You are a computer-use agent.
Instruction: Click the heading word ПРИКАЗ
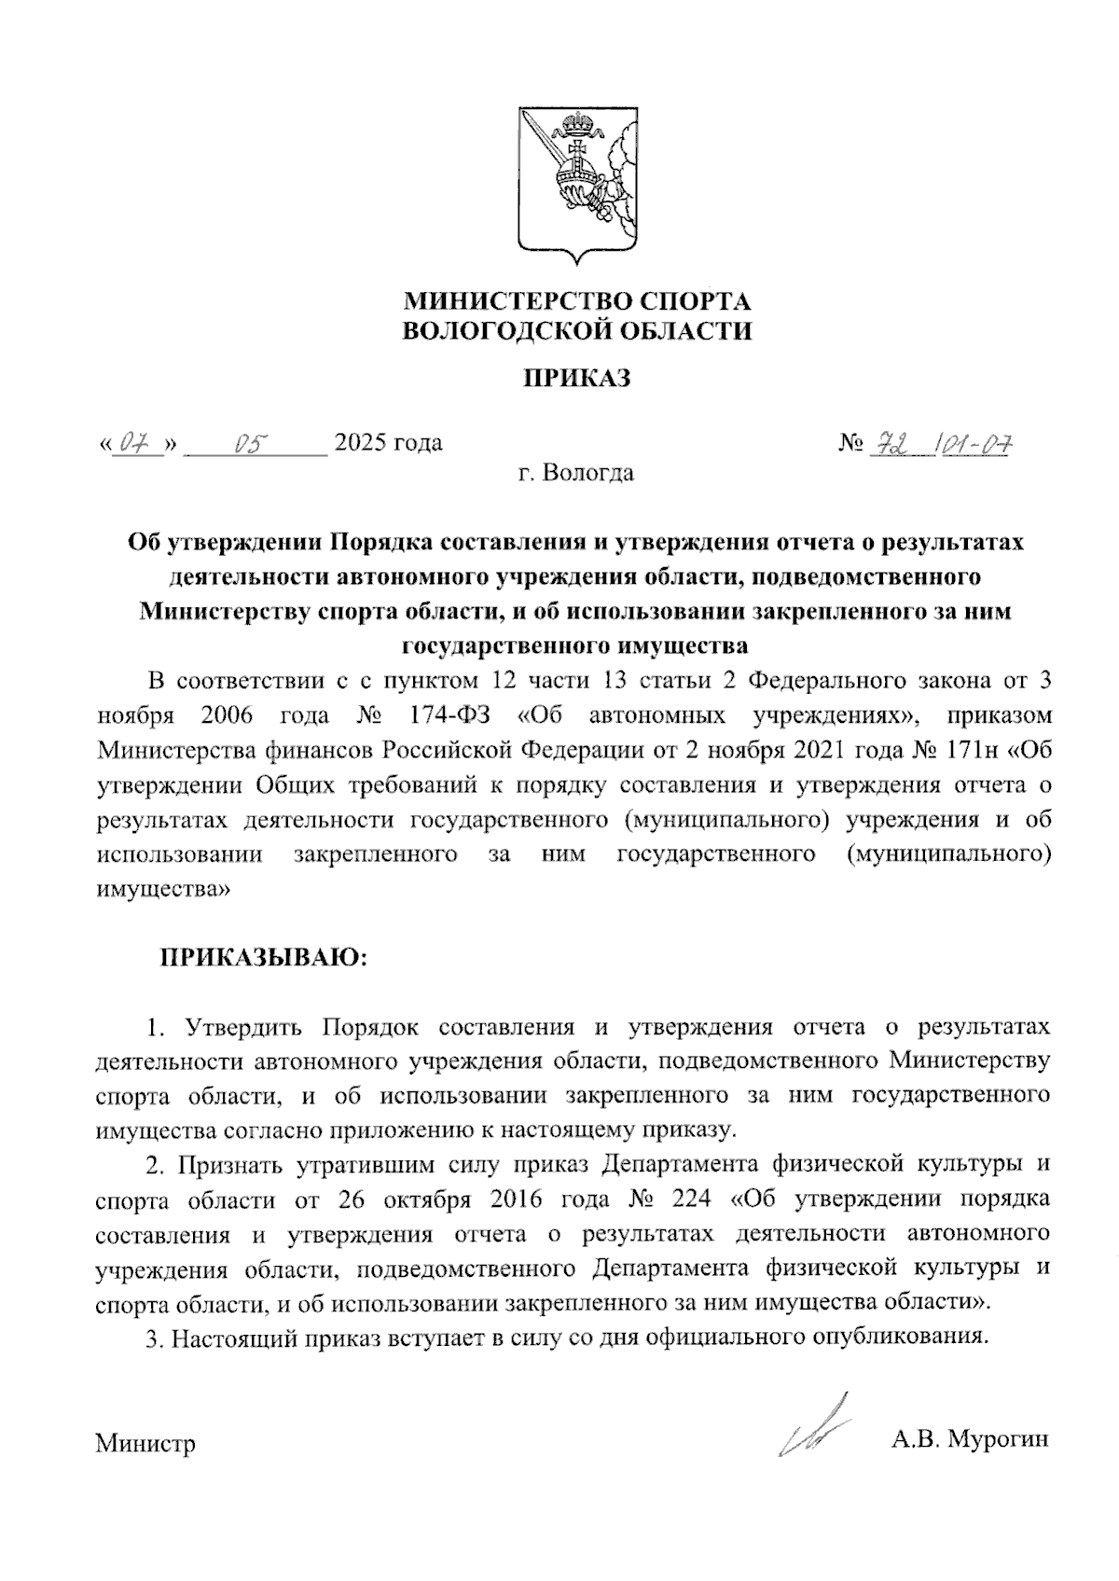tap(576, 378)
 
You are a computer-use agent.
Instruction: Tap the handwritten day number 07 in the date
tap(137, 443)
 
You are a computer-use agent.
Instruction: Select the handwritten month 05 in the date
tap(251, 443)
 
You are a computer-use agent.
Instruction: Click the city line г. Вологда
tap(576, 473)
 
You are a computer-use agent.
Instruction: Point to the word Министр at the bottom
tap(145, 1445)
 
